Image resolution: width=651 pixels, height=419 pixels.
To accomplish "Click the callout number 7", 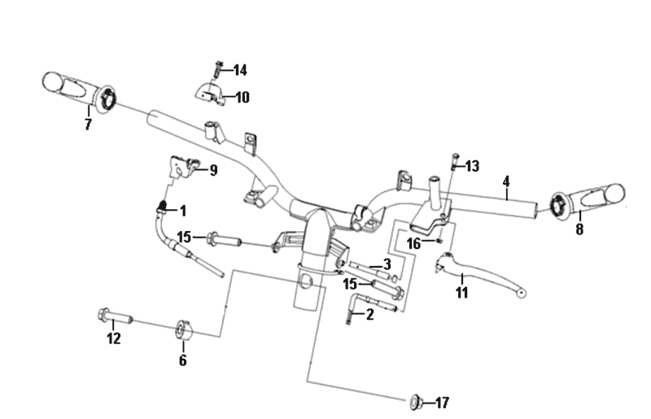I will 88,124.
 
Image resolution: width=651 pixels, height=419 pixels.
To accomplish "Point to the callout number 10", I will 242,98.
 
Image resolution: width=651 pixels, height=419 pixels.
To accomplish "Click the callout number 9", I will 213,170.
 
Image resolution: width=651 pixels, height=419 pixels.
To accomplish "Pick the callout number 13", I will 472,166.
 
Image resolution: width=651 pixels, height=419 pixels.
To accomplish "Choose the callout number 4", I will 505,181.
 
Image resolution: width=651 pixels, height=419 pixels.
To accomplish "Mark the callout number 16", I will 414,243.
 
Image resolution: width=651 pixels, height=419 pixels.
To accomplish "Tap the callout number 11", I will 462,293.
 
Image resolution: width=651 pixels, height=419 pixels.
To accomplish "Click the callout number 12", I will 113,338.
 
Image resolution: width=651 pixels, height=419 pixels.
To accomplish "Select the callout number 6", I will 182,360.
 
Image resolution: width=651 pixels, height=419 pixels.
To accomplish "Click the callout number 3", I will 387,264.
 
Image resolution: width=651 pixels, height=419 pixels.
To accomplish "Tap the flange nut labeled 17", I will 415,400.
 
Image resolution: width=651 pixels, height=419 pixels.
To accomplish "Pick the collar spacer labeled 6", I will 182,330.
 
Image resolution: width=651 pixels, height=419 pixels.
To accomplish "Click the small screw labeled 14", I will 217,69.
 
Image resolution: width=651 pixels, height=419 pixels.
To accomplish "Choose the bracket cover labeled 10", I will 208,94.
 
